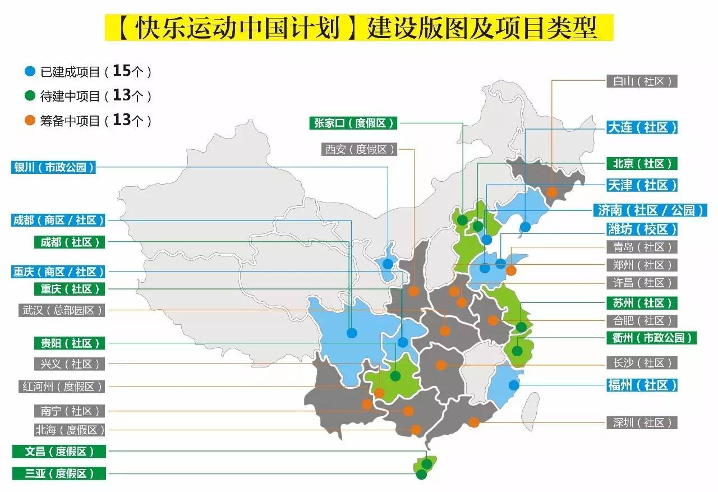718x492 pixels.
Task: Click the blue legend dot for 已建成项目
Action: pos(30,72)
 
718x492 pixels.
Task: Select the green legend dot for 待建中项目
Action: pos(30,96)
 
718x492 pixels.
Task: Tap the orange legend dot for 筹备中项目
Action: pos(30,121)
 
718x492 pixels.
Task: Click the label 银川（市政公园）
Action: pos(53,167)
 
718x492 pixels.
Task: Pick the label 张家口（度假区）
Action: pos(353,123)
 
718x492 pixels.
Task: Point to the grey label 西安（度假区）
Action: pos(359,149)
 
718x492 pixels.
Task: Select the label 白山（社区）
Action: pos(642,81)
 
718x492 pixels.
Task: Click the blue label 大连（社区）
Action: pos(642,127)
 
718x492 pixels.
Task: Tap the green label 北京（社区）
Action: pos(642,163)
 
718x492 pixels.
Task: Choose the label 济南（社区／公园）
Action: pos(650,210)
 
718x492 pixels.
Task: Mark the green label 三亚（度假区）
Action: pos(59,473)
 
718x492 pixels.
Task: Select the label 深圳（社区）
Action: pos(642,422)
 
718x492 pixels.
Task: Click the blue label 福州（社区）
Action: pos(642,385)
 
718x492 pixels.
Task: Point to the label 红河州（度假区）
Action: pos(62,387)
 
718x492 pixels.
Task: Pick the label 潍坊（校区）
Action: pos(642,229)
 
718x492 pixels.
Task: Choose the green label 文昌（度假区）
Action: pos(59,451)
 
